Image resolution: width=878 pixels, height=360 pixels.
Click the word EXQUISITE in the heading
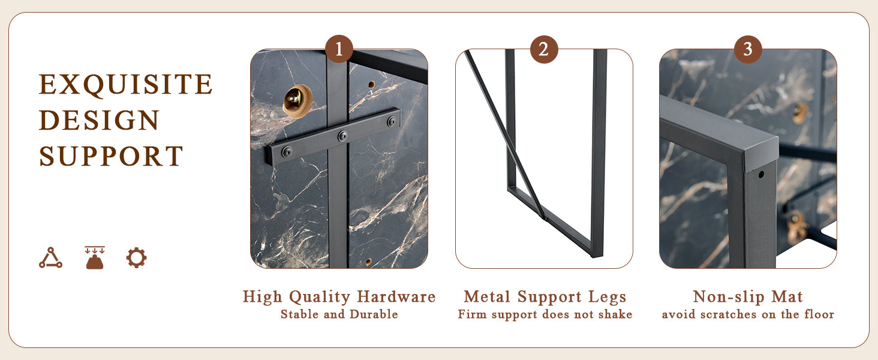(x=126, y=85)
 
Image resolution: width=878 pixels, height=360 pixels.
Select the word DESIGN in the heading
(x=100, y=120)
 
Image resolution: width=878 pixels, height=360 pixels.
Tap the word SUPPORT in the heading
(x=112, y=156)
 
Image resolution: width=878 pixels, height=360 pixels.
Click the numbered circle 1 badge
(x=339, y=49)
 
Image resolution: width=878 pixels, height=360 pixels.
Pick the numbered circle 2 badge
(x=544, y=49)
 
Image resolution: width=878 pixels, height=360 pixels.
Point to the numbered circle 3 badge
(x=748, y=49)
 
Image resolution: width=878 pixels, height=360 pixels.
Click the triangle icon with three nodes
(x=50, y=258)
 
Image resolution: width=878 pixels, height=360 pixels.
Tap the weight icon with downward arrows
(x=95, y=257)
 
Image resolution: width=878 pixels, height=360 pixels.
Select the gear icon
(x=136, y=257)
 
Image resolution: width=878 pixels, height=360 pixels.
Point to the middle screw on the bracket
(x=343, y=136)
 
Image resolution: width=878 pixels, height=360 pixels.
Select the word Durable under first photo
(x=374, y=314)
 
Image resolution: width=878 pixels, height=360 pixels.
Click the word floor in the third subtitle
(x=819, y=314)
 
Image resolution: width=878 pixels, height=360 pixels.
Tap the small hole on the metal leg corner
(x=761, y=174)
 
